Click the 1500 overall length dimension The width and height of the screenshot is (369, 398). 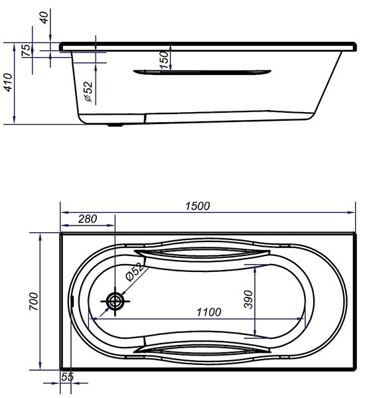pyautogui.click(x=198, y=206)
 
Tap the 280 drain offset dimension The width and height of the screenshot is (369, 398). pyautogui.click(x=88, y=219)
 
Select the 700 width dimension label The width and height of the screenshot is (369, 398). pyautogui.click(x=34, y=301)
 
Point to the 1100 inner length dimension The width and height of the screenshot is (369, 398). pyautogui.click(x=209, y=312)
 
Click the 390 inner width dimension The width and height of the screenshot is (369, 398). pyautogui.click(x=249, y=300)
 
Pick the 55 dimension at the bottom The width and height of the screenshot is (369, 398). pyautogui.click(x=68, y=377)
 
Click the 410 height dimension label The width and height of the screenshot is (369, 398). pyautogui.click(x=8, y=82)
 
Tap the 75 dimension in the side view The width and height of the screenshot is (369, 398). pyautogui.click(x=26, y=50)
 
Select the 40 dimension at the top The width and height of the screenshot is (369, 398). pyautogui.click(x=44, y=17)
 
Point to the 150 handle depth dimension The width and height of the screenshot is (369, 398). pyautogui.click(x=165, y=60)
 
